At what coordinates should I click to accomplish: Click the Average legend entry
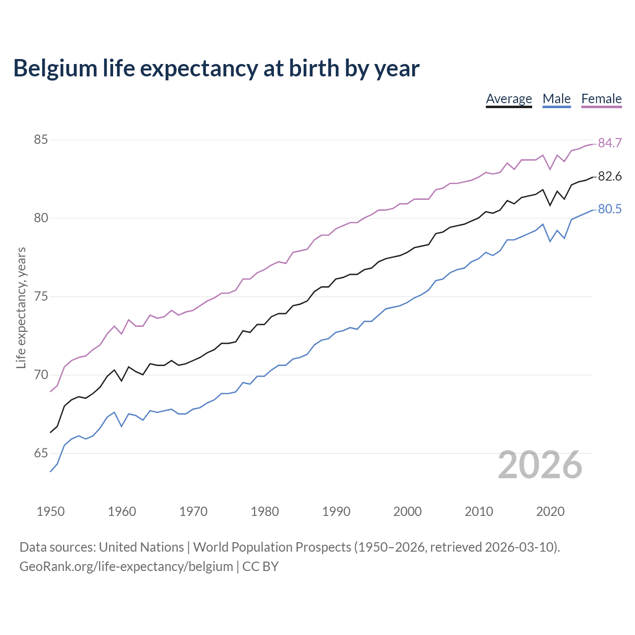pyautogui.click(x=508, y=99)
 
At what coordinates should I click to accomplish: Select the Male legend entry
pyautogui.click(x=557, y=99)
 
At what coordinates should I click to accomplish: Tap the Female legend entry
pyautogui.click(x=601, y=99)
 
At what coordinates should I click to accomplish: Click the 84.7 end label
pyautogui.click(x=610, y=143)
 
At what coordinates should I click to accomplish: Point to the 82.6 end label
pyautogui.click(x=610, y=176)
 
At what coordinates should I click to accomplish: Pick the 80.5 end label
pyautogui.click(x=610, y=209)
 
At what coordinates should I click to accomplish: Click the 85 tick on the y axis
pyautogui.click(x=41, y=140)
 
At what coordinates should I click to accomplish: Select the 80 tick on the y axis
pyautogui.click(x=41, y=218)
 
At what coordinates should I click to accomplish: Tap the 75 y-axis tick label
pyautogui.click(x=41, y=297)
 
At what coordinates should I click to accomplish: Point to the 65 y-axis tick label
pyautogui.click(x=41, y=453)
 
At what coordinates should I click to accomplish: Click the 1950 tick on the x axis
pyautogui.click(x=51, y=511)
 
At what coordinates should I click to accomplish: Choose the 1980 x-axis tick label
pyautogui.click(x=264, y=511)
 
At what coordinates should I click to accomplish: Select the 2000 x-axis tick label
pyautogui.click(x=407, y=511)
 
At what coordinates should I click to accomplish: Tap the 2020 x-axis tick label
pyautogui.click(x=550, y=511)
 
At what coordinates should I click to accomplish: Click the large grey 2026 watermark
pyautogui.click(x=540, y=465)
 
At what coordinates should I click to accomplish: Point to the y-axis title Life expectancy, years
pyautogui.click(x=21, y=308)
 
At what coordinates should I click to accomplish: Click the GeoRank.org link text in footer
pyautogui.click(x=126, y=567)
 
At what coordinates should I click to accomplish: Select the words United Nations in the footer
pyautogui.click(x=141, y=547)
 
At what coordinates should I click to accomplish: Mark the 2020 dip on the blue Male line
pyautogui.click(x=550, y=241)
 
